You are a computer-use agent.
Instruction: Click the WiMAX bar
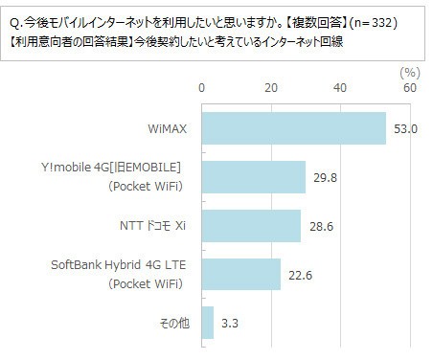click(293, 128)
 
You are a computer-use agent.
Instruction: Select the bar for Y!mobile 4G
click(253, 177)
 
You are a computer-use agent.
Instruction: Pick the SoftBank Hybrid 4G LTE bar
click(240, 275)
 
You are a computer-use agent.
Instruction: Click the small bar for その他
click(207, 324)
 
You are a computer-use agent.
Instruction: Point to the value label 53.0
click(406, 128)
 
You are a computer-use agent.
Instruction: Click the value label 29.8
click(326, 177)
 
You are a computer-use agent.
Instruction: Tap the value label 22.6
click(301, 275)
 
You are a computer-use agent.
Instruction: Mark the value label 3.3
click(231, 324)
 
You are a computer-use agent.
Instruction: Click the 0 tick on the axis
click(201, 88)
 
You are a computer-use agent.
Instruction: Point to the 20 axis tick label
click(271, 88)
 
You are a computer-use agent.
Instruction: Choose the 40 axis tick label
click(340, 88)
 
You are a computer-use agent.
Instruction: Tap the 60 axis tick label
click(409, 88)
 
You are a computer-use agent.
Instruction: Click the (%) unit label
click(409, 71)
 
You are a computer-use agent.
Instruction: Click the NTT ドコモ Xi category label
click(151, 227)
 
